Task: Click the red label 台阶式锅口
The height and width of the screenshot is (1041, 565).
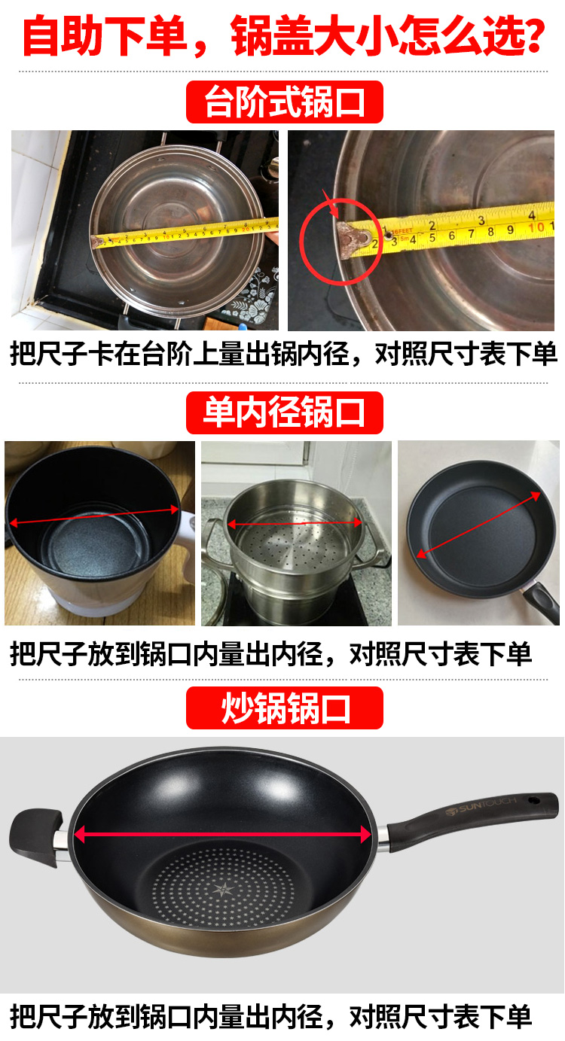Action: [x=285, y=102]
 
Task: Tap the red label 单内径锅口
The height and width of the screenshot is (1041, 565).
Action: [x=285, y=412]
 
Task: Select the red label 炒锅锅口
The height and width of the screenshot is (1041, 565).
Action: [x=285, y=708]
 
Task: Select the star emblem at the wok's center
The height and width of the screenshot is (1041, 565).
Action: [x=224, y=890]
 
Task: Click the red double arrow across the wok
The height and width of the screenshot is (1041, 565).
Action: [x=222, y=835]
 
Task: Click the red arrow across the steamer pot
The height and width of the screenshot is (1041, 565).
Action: [x=295, y=523]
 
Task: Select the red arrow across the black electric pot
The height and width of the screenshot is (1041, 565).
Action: [x=94, y=516]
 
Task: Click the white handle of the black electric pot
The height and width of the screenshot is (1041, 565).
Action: [x=187, y=539]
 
